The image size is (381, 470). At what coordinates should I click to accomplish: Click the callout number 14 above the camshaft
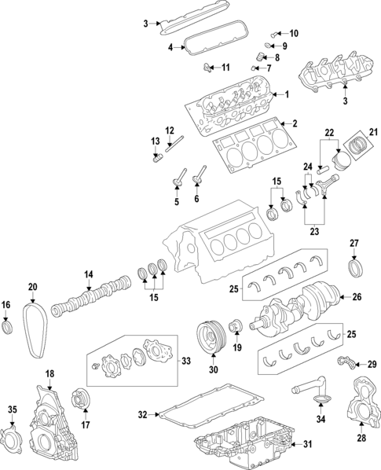pyautogui.click(x=89, y=274)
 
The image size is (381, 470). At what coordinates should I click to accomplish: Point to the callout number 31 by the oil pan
pyautogui.click(x=307, y=444)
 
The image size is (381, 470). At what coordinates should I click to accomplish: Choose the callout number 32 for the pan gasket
pyautogui.click(x=142, y=413)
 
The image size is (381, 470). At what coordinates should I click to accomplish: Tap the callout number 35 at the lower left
pyautogui.click(x=12, y=409)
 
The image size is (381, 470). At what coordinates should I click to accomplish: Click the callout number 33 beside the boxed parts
pyautogui.click(x=185, y=361)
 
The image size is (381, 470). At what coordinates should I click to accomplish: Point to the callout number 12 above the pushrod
pyautogui.click(x=169, y=130)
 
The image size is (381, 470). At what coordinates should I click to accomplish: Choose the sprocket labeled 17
pyautogui.click(x=79, y=399)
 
